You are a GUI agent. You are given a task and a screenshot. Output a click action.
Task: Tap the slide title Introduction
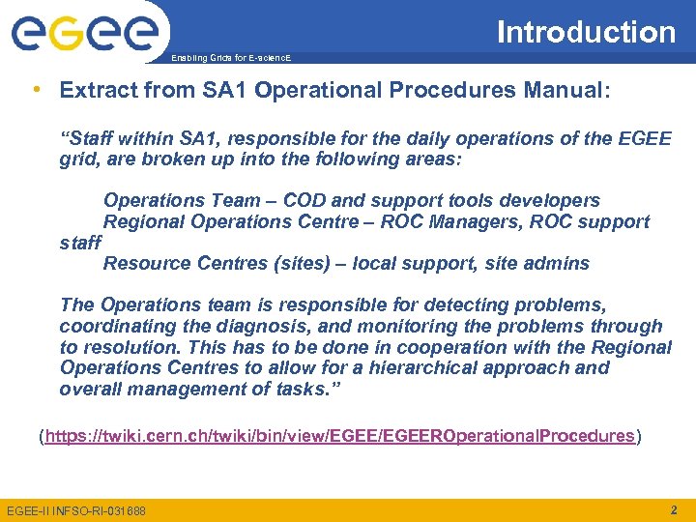point(586,32)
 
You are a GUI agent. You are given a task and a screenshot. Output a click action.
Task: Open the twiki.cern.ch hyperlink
point(338,436)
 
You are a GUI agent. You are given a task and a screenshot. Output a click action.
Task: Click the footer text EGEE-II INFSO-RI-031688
point(76,510)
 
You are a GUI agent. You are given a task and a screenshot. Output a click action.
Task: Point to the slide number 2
point(673,509)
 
